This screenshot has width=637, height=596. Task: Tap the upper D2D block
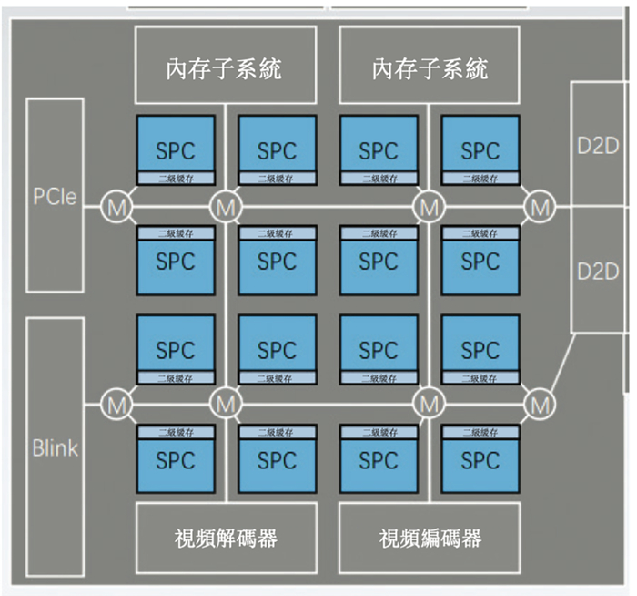point(598,146)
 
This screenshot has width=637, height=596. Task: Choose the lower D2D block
point(598,271)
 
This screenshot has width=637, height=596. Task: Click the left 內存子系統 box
point(225,66)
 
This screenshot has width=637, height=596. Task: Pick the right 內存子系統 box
point(430,66)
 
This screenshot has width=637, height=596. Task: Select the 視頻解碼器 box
point(225,538)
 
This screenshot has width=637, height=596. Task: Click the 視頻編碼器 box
point(430,538)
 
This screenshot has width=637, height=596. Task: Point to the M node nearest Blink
point(115,402)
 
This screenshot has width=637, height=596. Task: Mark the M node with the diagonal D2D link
point(541,402)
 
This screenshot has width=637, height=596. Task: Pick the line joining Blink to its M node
point(93,402)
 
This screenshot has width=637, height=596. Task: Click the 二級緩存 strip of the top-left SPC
point(175,178)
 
